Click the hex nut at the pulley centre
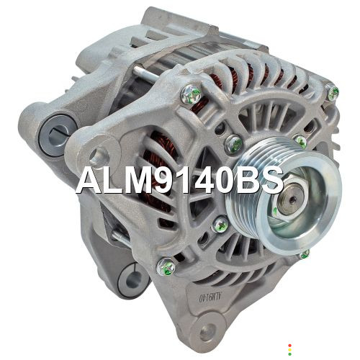click(292, 199)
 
